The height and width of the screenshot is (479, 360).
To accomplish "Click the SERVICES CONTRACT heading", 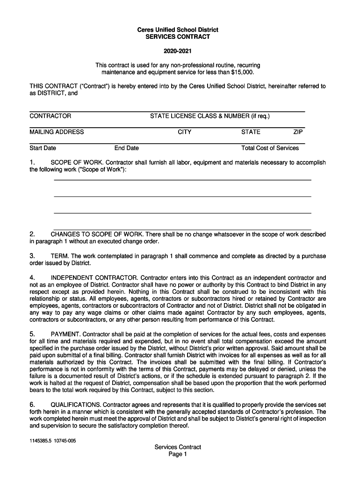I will pos(178,37).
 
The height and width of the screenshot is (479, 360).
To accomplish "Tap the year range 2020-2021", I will pos(178,51).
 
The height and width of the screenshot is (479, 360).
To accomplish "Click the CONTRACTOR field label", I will pos(50,116).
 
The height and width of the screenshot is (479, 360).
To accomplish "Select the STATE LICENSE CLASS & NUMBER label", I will pos(209,116).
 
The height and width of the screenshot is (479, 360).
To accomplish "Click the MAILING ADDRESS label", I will pos(57,132).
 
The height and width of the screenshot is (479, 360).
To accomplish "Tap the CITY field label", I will pos(184,132).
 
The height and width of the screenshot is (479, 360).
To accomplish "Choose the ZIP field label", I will pos(298,132).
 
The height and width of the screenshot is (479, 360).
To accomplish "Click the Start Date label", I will pos(43,148).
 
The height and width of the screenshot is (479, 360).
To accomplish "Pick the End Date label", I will pos(126,148).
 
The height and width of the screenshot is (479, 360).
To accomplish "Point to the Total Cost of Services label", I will pos(270,148).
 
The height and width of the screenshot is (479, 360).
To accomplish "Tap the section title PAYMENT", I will pos(65,334).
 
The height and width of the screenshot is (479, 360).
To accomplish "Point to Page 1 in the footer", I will pos(178,454).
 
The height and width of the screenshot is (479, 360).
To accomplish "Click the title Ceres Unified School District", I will pos(178,30).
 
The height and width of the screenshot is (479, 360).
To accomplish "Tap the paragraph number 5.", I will pos(32,334).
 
